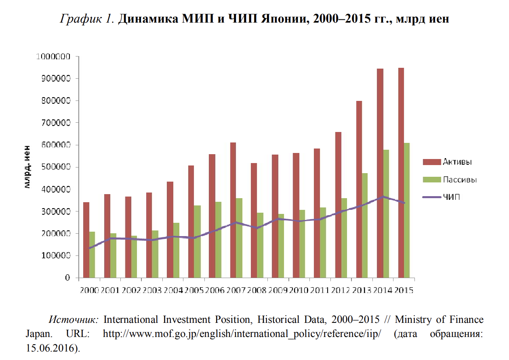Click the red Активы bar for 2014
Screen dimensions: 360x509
380,173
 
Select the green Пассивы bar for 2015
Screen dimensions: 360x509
406,210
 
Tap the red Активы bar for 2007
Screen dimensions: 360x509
233,210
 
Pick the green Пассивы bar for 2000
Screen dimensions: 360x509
92,255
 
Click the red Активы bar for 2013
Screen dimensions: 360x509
359,189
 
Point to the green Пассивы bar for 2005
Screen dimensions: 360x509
197,241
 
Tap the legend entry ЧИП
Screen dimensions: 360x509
451,197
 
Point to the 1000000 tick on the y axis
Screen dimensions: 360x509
53,57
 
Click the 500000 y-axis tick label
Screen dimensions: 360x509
56,167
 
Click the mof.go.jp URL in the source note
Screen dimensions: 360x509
242,334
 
